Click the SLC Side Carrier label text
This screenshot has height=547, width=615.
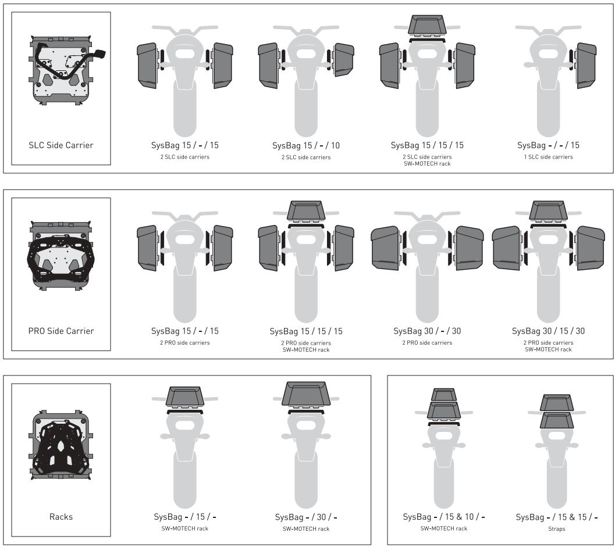tap(61, 145)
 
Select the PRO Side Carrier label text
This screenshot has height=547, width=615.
tap(61, 331)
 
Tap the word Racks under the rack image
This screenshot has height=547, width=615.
tap(61, 516)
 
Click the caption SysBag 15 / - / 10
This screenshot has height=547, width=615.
tap(306, 145)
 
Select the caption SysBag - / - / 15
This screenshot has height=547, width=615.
tap(548, 145)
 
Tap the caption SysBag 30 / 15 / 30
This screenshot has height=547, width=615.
tap(548, 331)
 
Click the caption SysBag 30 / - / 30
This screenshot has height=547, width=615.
tap(427, 331)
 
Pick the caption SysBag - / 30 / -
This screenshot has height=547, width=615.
tap(306, 517)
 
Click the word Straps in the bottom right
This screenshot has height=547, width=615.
tap(556, 529)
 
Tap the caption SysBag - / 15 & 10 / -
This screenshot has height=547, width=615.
tap(443, 517)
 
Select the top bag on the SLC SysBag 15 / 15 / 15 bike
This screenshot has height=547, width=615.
tap(427, 27)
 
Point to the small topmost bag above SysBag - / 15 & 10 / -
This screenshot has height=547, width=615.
tap(443, 394)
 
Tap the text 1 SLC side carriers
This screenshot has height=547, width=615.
tap(548, 157)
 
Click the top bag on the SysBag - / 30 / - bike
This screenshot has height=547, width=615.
tap(306, 394)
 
